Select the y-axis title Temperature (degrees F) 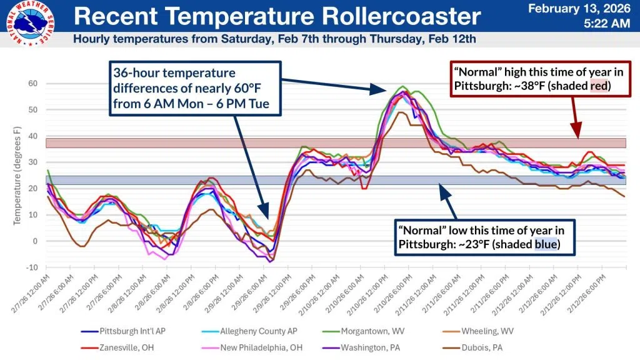(18, 175)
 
